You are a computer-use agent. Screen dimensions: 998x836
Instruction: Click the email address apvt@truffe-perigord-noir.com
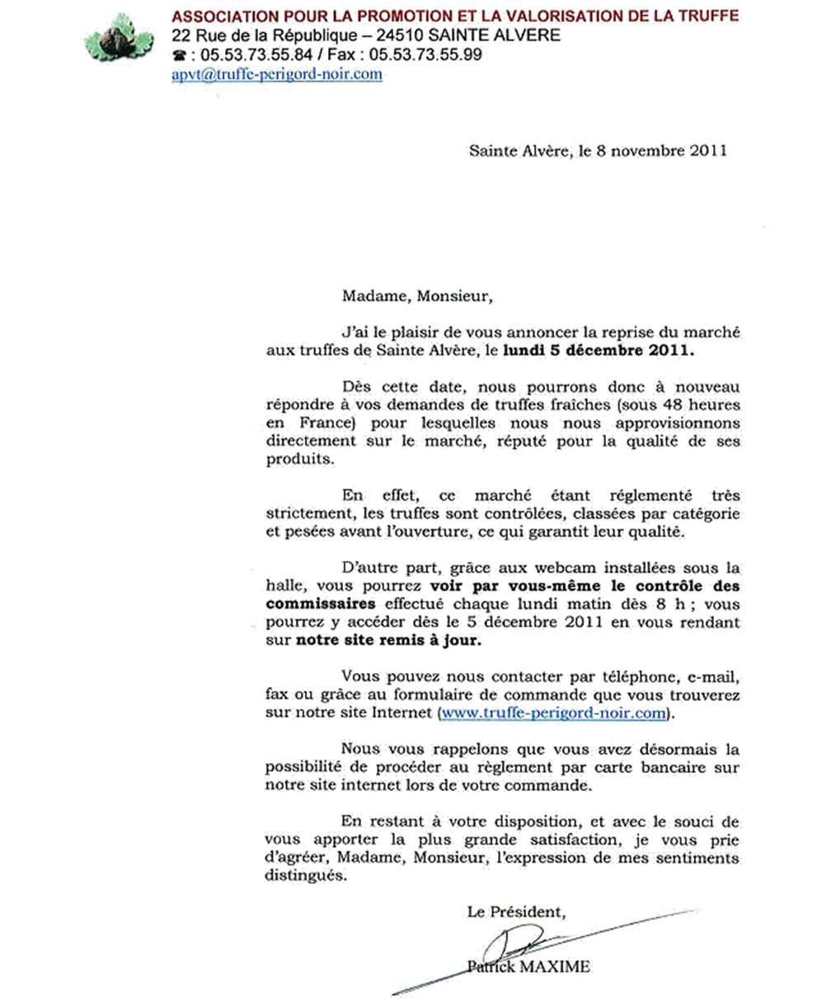(x=277, y=74)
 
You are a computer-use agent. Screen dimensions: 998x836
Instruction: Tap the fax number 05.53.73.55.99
(x=420, y=55)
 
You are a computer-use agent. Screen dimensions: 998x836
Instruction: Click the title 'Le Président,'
(x=516, y=912)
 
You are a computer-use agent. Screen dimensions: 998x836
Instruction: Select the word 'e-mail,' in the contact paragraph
(x=715, y=677)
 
